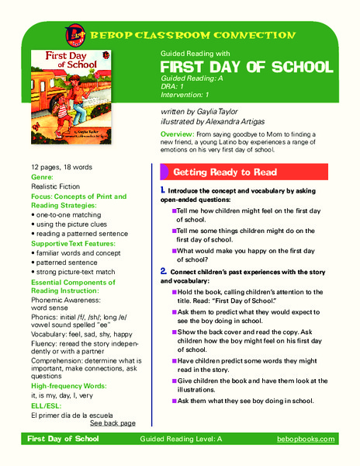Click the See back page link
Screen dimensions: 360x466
pos(112,423)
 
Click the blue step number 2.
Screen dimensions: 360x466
pos(163,270)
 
